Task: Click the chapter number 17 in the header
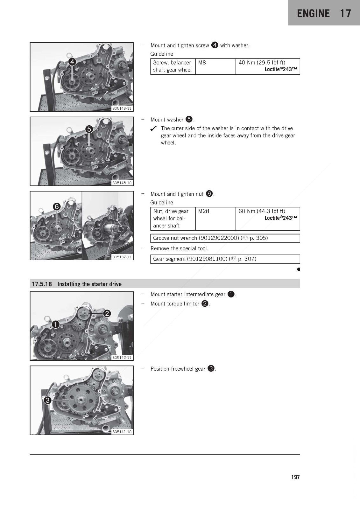point(345,13)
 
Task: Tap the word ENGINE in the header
point(313,13)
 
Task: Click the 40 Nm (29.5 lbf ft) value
point(262,62)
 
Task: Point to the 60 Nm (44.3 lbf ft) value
point(262,211)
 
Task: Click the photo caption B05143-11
point(122,108)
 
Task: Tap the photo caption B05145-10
point(122,183)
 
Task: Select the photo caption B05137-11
point(122,257)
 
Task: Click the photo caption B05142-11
point(122,358)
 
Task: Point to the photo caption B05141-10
point(122,432)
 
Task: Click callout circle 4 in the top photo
point(72,62)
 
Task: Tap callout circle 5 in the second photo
point(89,129)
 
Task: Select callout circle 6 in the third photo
point(57,207)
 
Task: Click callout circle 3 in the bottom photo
point(47,400)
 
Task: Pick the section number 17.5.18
point(42,284)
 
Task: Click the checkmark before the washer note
point(153,129)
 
